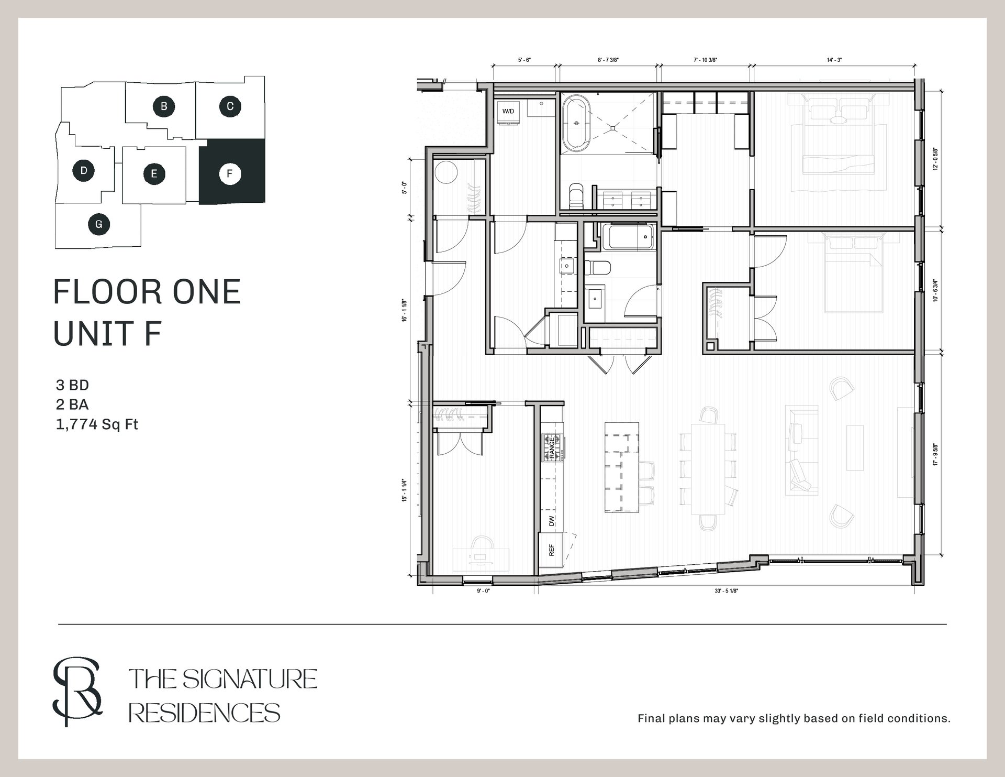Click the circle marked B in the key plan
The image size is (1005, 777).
point(164,106)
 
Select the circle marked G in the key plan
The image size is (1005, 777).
point(99,225)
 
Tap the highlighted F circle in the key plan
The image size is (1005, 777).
point(230,173)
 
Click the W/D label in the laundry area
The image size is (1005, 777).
point(508,112)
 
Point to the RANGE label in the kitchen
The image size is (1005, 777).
point(552,448)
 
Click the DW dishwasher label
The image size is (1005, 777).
point(551,521)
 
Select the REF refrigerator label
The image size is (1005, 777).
point(551,550)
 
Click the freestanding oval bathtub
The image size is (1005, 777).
point(577,124)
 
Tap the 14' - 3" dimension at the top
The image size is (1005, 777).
point(834,60)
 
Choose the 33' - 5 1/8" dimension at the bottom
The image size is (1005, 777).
point(726,591)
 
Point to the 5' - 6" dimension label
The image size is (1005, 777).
point(524,60)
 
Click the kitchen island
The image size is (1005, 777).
point(622,467)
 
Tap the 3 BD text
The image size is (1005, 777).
point(72,385)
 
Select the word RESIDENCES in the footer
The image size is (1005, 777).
point(205,713)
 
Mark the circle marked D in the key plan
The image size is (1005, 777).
point(84,171)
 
